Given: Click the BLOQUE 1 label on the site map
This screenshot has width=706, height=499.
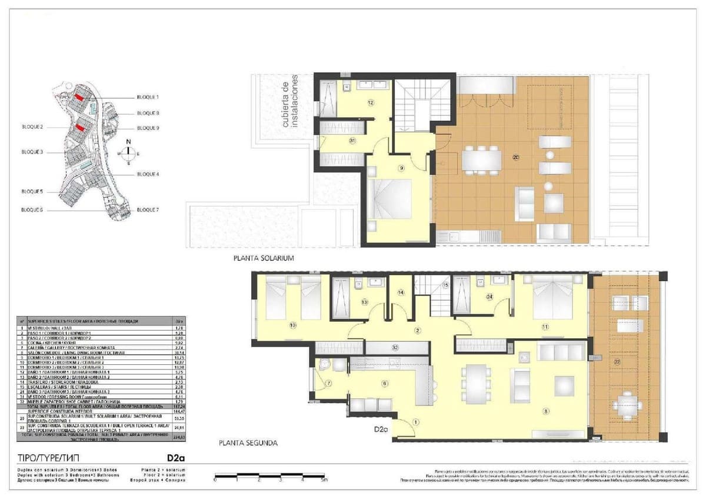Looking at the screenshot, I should [148, 97].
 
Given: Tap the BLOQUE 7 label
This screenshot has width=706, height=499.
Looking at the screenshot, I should [148, 209].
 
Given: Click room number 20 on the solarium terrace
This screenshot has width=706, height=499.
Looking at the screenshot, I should [516, 157].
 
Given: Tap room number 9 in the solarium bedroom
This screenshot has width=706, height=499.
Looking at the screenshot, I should [401, 168].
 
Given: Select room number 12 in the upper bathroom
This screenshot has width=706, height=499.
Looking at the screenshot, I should [371, 102].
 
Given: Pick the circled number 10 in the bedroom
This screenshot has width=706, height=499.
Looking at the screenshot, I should [293, 324].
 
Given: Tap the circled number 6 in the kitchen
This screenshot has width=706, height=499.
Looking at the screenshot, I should [385, 384].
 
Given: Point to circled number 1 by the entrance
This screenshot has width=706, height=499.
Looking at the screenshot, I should [416, 421].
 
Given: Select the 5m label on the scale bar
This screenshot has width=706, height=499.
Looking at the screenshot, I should [324, 480].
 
